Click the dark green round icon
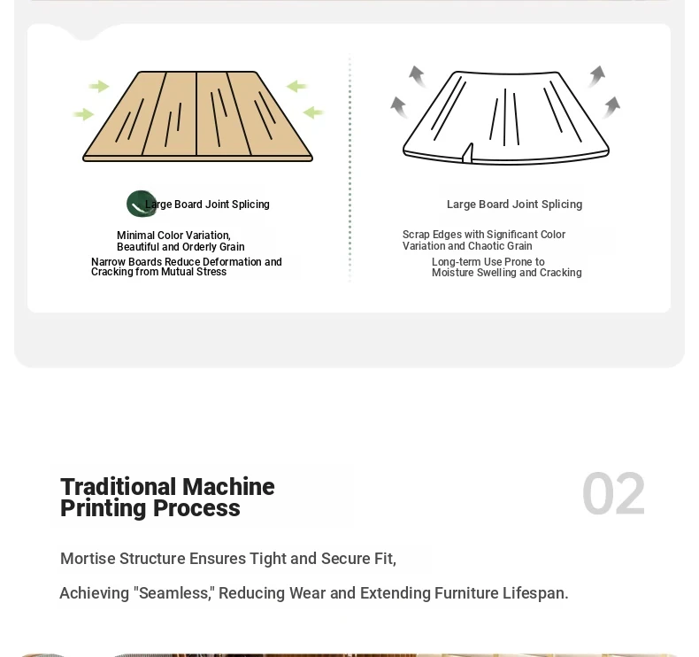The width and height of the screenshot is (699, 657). pyautogui.click(x=142, y=204)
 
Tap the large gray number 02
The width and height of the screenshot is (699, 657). pyautogui.click(x=613, y=494)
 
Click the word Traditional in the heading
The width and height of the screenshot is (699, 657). pyautogui.click(x=119, y=486)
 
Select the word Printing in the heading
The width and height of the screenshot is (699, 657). pyautogui.click(x=103, y=508)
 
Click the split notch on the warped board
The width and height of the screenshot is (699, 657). pyautogui.click(x=467, y=153)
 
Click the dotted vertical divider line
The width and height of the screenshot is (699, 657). pyautogui.click(x=349, y=168)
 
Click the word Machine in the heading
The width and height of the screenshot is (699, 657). pyautogui.click(x=228, y=486)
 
